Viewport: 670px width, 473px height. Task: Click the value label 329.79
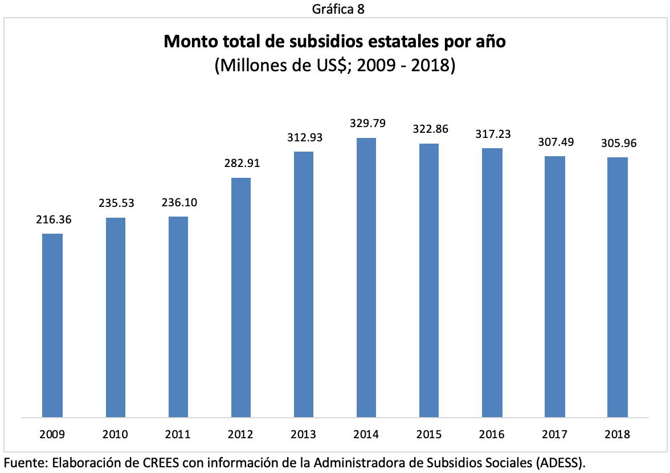click(366, 123)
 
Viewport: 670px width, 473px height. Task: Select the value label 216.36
click(53, 219)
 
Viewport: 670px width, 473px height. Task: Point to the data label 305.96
click(619, 143)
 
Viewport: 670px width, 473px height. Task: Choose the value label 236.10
click(179, 203)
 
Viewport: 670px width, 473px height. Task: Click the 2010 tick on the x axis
click(116, 435)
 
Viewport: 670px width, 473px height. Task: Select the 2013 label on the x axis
click(304, 435)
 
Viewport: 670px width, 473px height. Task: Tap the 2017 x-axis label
click(554, 435)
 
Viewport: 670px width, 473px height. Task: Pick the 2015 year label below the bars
click(429, 435)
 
